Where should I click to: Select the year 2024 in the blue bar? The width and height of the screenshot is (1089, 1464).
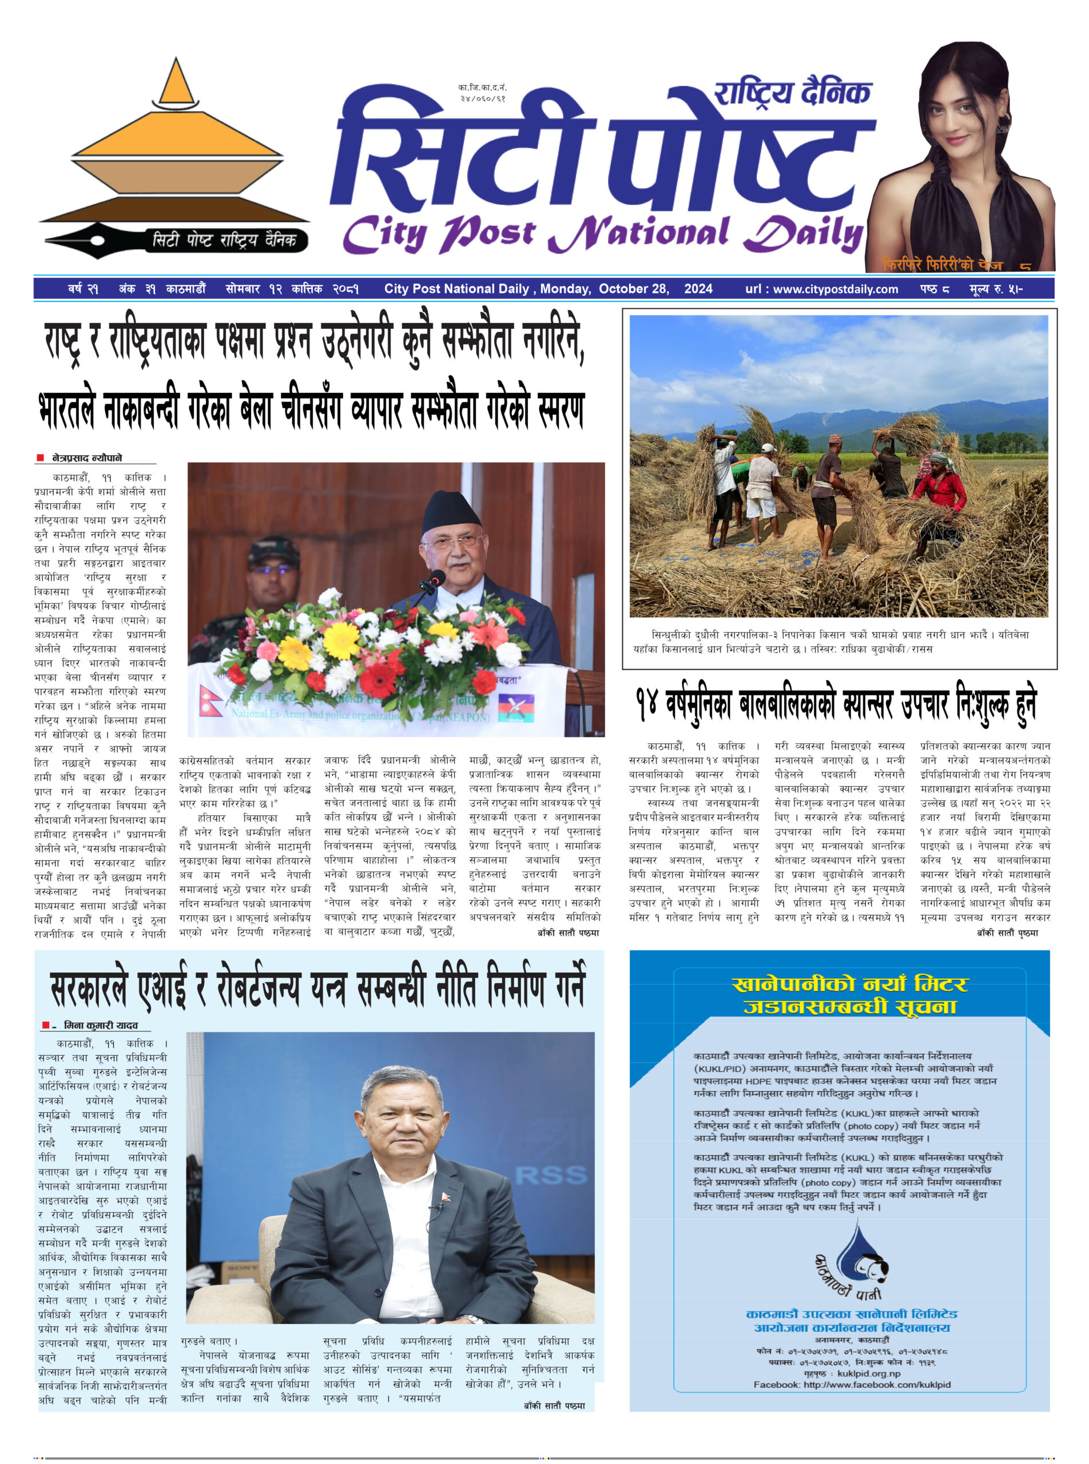698,289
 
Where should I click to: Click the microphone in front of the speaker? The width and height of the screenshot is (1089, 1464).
435,579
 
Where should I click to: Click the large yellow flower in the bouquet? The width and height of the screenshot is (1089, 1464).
341,639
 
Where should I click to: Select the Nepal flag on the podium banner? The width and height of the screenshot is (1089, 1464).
210,701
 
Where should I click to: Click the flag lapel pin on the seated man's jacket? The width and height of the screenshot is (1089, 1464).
448,1196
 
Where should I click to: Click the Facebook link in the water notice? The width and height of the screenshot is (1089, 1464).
852,1385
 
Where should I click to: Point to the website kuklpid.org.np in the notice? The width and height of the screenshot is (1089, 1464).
868,1374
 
